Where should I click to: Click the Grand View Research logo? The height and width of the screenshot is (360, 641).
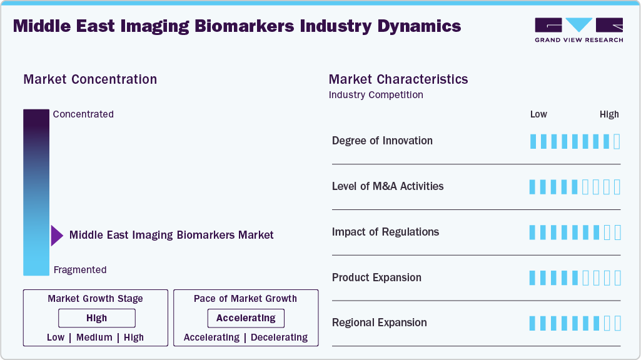(x=578, y=29)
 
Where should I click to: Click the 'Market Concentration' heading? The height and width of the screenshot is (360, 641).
(x=90, y=79)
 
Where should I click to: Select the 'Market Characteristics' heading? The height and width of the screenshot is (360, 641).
(x=398, y=79)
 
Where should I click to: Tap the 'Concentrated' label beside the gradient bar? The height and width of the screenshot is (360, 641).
(x=83, y=114)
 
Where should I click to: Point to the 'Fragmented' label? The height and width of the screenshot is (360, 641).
(x=80, y=270)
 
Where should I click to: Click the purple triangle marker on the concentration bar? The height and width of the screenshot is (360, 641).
(x=57, y=236)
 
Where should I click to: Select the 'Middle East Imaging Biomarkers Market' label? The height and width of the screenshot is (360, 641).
(x=171, y=236)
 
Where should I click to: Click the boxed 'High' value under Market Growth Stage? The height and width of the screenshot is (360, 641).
(x=97, y=318)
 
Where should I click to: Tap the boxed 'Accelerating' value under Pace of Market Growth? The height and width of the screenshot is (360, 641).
(x=246, y=318)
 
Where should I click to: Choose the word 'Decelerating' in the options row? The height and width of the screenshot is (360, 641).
(x=279, y=337)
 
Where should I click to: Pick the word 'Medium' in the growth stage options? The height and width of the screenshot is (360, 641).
(x=94, y=337)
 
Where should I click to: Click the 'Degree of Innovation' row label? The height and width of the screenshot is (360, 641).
(x=382, y=141)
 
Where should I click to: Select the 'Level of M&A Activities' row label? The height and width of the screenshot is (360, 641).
(x=388, y=186)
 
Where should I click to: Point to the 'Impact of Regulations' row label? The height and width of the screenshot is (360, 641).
(x=385, y=232)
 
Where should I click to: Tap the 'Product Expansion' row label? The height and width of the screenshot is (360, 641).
(x=376, y=277)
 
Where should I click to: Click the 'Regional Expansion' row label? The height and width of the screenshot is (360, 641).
(x=379, y=323)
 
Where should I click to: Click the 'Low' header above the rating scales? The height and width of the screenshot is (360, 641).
(x=538, y=114)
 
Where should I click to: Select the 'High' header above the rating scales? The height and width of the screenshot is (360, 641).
(x=609, y=114)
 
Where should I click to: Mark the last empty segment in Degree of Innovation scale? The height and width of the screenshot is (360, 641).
(x=617, y=141)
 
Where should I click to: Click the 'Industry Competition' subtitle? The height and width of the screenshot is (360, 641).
(x=376, y=95)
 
